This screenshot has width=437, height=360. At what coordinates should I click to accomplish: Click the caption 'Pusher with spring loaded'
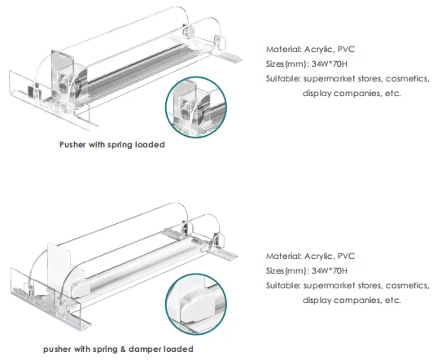pos(111,144)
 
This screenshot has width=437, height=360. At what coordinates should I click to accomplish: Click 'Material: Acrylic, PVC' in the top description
pos(311,48)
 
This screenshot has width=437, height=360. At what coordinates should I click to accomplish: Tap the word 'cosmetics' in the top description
pos(401,78)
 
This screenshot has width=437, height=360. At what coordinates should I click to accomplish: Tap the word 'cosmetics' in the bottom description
pos(401,285)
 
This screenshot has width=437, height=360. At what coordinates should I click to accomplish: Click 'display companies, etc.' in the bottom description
pos(352,300)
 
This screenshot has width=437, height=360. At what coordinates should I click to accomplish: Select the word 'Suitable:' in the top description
pos(282,78)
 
